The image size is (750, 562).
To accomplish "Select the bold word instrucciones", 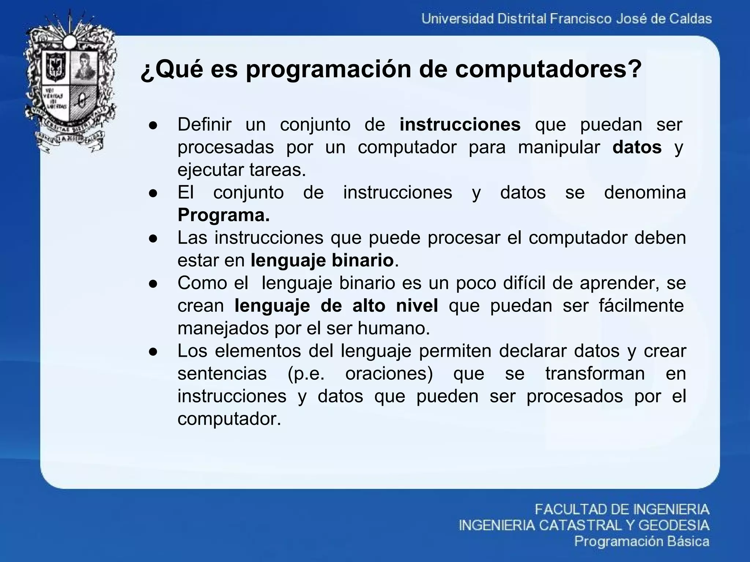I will pyautogui.click(x=460, y=124).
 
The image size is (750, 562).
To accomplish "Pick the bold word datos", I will pyautogui.click(x=637, y=147).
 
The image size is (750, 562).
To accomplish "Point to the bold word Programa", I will pyautogui.click(x=223, y=215).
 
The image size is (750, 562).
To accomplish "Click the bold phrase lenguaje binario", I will pyautogui.click(x=322, y=261).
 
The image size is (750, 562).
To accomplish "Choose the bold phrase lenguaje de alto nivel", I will pyautogui.click(x=336, y=306).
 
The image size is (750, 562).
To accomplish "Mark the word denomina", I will pyautogui.click(x=645, y=192).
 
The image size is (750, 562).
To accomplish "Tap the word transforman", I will pyautogui.click(x=595, y=374).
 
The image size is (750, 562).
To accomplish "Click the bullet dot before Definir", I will pyautogui.click(x=153, y=125).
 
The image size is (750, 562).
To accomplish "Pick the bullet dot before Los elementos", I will pyautogui.click(x=153, y=352).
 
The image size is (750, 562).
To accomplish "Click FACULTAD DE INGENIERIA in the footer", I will pyautogui.click(x=622, y=509).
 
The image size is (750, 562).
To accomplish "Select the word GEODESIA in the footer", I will pyautogui.click(x=674, y=525).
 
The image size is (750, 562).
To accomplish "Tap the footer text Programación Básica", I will pyautogui.click(x=642, y=541).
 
